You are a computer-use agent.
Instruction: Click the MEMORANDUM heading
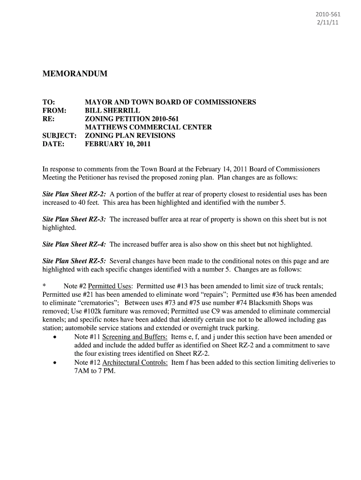coord(75,74)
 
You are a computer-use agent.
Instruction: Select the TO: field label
coord(49,102)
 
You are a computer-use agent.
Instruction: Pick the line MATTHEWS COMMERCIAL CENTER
coord(148,127)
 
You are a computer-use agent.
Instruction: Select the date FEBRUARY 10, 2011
coord(118,144)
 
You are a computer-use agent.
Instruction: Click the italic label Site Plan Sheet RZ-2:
coord(74,194)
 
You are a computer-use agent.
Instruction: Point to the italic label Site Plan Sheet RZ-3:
coord(74,219)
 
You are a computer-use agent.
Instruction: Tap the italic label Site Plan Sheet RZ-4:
coord(74,244)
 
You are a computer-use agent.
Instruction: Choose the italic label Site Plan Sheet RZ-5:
coord(74,261)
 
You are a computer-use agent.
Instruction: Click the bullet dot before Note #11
coord(56,337)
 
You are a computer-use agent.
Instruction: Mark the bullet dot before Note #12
coord(56,363)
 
